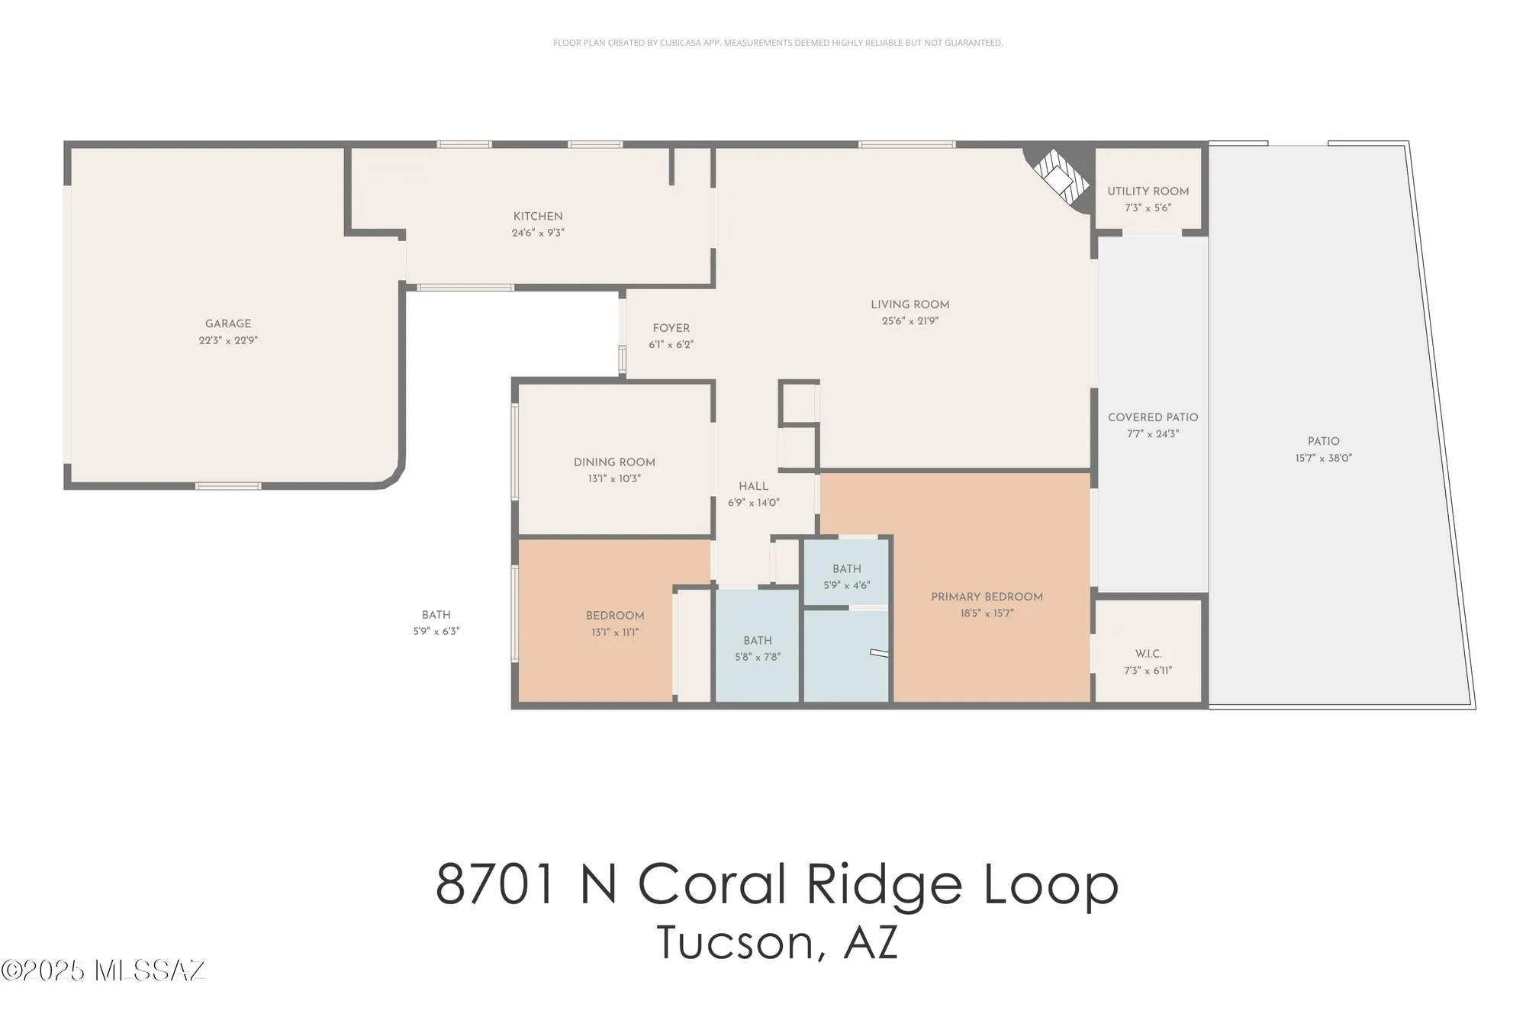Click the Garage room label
(228, 323)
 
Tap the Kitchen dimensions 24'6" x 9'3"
(538, 233)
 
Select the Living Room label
(909, 304)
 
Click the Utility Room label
(1148, 191)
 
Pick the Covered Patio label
(1152, 417)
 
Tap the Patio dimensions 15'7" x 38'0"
(1323, 459)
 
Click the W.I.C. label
(1148, 654)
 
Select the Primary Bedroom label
(987, 597)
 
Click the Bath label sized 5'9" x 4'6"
(846, 569)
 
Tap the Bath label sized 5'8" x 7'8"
(758, 641)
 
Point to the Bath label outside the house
(436, 615)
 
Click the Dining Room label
(614, 462)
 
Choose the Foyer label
(671, 328)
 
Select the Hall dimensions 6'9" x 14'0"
(753, 503)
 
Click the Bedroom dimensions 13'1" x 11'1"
(615, 632)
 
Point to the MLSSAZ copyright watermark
(104, 970)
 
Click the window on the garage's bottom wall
(228, 486)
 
